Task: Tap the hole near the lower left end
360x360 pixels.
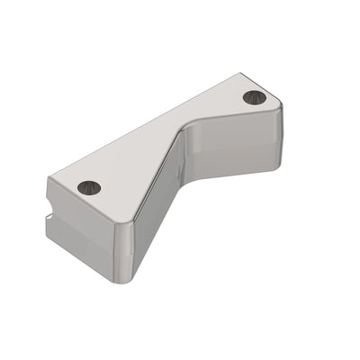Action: tap(89, 188)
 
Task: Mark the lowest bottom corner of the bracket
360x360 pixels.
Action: tap(126, 282)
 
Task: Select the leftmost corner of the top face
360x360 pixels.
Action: tap(49, 178)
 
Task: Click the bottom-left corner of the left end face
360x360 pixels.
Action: tap(50, 236)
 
